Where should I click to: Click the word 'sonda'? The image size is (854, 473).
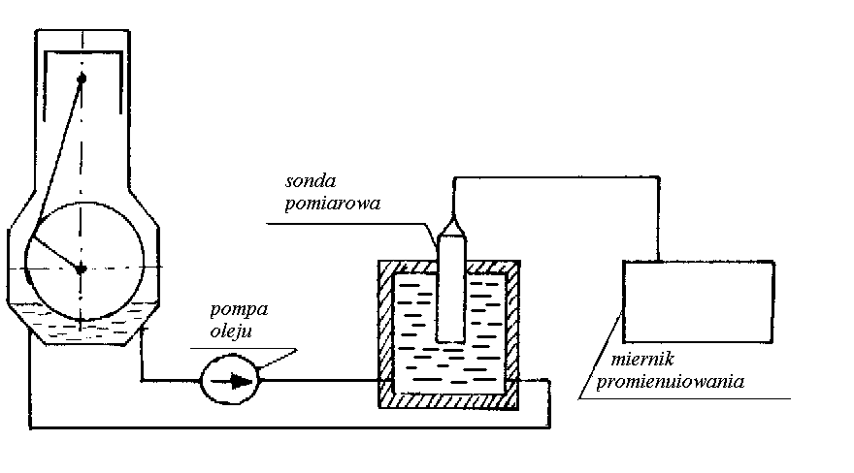tap(312, 182)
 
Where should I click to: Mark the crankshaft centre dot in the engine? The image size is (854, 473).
tap(82, 268)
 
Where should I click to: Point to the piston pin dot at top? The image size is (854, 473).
tap(82, 79)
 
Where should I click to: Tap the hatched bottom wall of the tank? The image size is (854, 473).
tap(449, 397)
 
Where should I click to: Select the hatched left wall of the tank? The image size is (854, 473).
tap(384, 330)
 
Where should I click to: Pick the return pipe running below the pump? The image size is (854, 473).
tap(291, 425)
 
